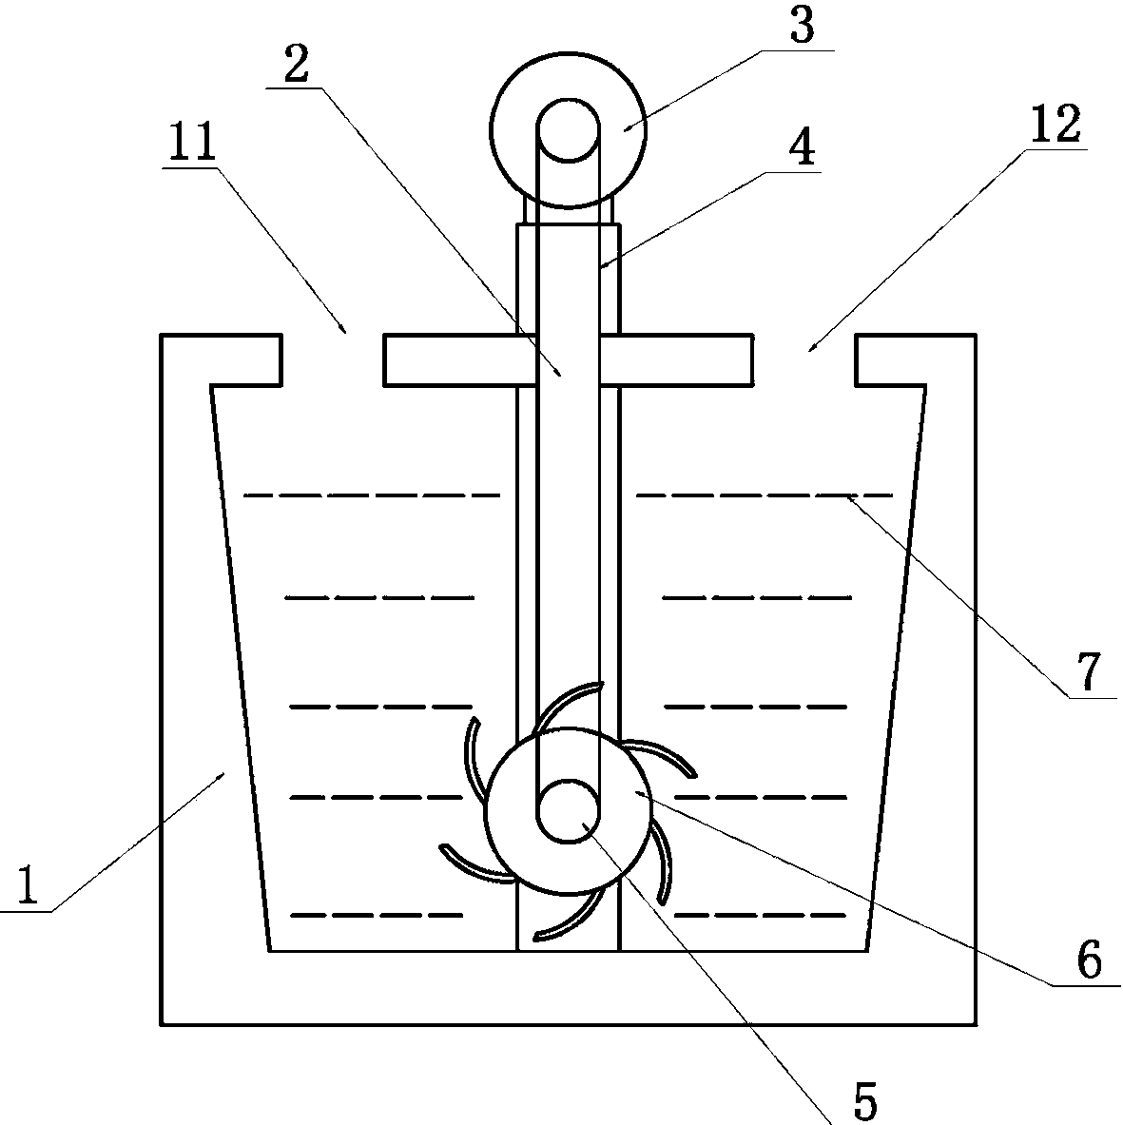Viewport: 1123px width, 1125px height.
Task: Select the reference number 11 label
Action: [x=192, y=145]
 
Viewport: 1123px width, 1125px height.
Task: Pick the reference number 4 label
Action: [x=804, y=148]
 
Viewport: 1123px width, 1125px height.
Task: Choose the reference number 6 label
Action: [x=1090, y=960]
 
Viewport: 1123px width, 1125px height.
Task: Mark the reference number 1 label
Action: [x=28, y=886]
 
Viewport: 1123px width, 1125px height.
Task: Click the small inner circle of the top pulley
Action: [x=568, y=129]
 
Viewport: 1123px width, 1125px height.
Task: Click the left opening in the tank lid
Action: [x=332, y=359]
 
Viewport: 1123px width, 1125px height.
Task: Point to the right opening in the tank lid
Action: [x=804, y=359]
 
